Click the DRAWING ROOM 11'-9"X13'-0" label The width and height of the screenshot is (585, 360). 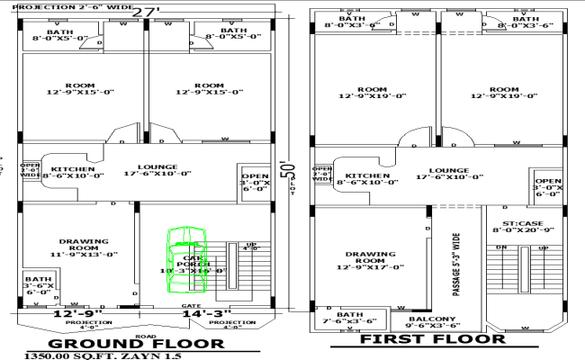84,247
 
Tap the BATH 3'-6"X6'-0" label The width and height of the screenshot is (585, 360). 38,285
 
